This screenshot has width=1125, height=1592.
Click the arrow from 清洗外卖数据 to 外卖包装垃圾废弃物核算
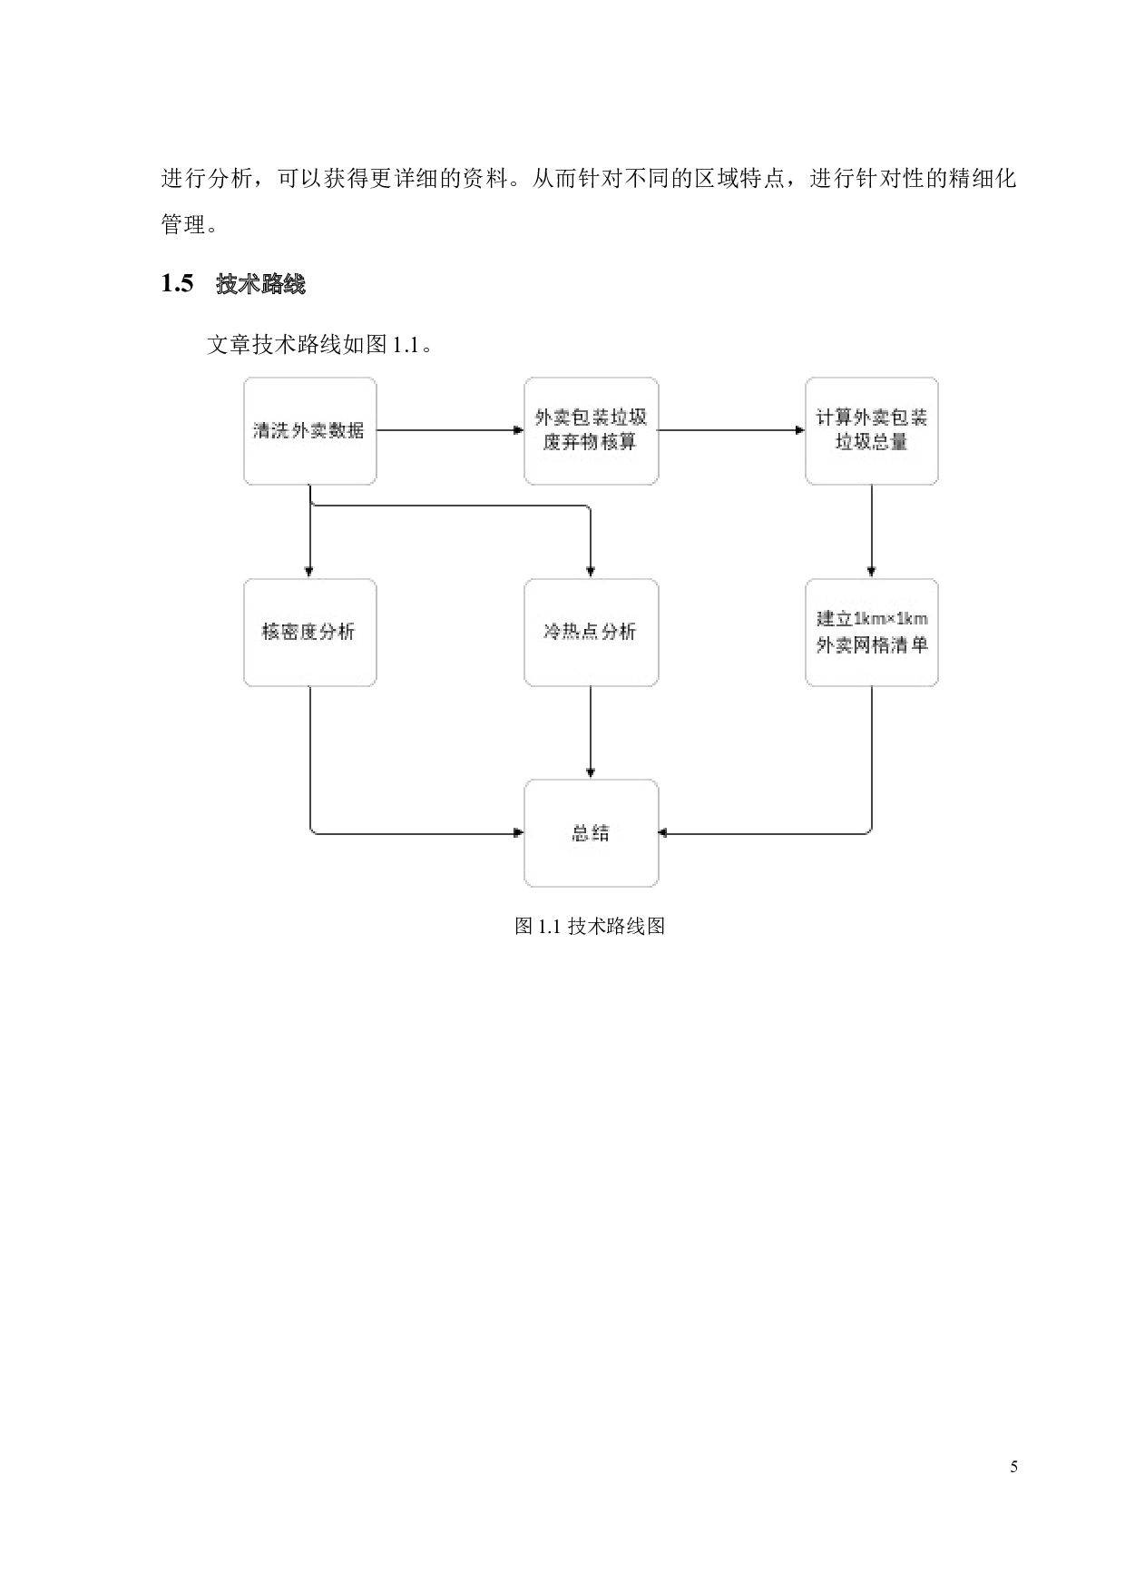[x=445, y=430]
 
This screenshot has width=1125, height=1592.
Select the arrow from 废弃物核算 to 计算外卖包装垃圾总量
[x=730, y=430]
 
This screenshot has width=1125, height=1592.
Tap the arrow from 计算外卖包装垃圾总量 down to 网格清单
[x=871, y=531]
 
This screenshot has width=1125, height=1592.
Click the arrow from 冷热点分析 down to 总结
[x=591, y=731]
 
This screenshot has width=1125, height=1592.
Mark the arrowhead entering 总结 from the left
[x=519, y=832]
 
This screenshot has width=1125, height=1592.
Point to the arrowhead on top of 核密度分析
[x=309, y=572]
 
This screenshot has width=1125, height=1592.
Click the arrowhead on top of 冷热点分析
[x=591, y=572]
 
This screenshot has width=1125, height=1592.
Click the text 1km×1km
[x=890, y=619]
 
